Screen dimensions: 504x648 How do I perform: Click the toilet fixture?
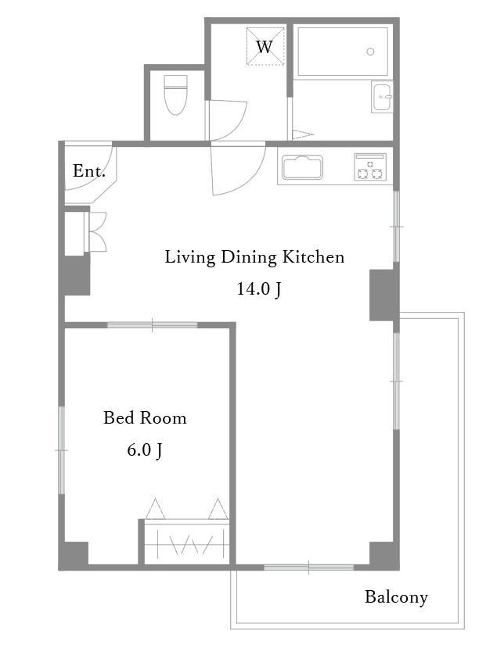(x=175, y=95)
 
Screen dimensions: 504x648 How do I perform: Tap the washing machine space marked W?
(x=265, y=46)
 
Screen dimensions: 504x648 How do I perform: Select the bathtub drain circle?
(x=370, y=52)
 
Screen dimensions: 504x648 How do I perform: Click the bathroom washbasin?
(x=382, y=97)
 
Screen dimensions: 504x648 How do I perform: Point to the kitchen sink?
(x=302, y=167)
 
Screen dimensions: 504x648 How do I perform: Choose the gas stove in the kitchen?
(x=370, y=167)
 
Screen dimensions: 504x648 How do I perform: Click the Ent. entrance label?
(x=89, y=170)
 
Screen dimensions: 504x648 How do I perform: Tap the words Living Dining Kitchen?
(x=254, y=257)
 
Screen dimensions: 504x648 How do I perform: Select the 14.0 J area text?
(x=259, y=288)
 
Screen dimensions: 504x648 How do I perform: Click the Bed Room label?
(x=145, y=418)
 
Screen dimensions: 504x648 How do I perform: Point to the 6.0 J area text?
(x=145, y=449)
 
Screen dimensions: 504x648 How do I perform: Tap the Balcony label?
(x=396, y=597)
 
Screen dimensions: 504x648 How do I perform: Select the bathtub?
(x=343, y=52)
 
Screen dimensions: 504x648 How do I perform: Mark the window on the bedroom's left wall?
(x=61, y=450)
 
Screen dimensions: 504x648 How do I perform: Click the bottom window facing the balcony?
(x=308, y=567)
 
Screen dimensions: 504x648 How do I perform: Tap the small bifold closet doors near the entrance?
(x=97, y=232)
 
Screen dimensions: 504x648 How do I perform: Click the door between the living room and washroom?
(x=237, y=168)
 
